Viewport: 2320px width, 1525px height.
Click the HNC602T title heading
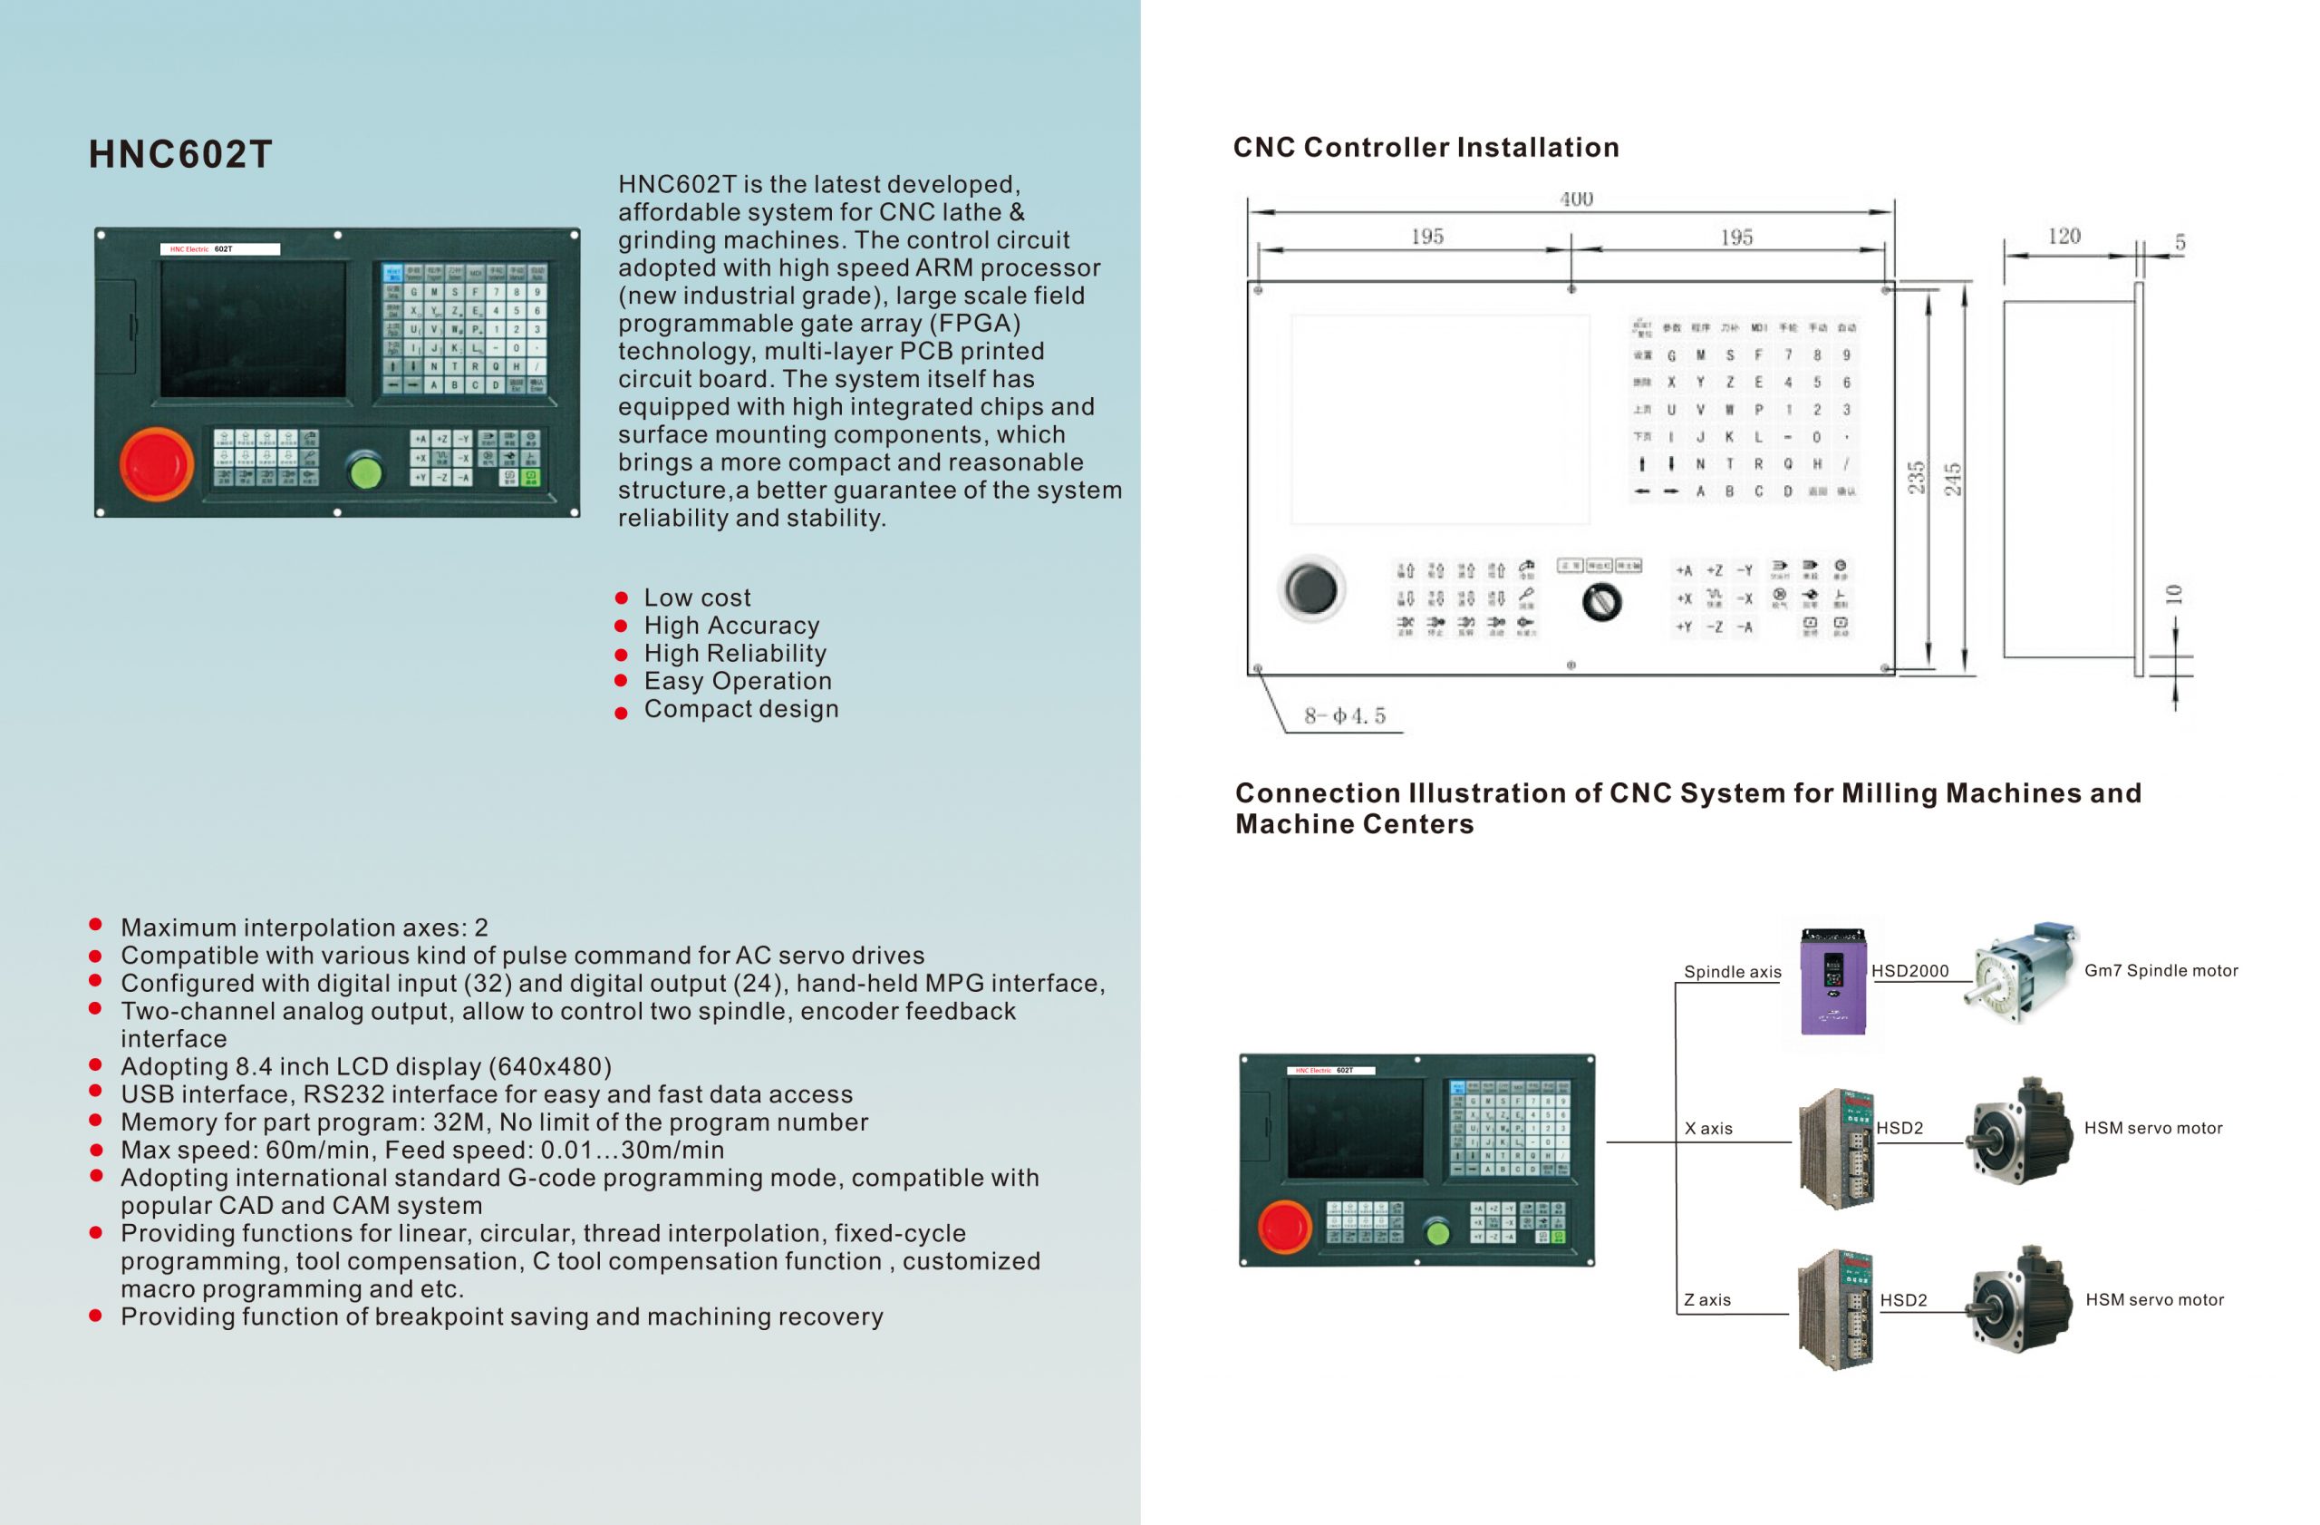click(180, 154)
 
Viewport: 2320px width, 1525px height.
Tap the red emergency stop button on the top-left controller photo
click(156, 464)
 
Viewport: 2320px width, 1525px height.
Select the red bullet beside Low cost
click(622, 597)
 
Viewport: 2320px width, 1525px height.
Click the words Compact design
click(740, 709)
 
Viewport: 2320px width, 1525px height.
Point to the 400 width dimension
click(1576, 199)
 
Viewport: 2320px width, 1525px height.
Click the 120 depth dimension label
click(2064, 236)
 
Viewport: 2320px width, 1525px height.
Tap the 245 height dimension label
click(1952, 479)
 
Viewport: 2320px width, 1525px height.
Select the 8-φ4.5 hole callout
click(1344, 716)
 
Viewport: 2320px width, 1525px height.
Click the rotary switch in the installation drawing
click(1601, 602)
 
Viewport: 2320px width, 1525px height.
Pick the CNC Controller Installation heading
click(1426, 147)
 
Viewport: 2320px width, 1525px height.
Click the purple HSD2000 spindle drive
click(1832, 981)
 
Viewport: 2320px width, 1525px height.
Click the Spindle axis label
click(1732, 972)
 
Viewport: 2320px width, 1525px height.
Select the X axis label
click(1708, 1128)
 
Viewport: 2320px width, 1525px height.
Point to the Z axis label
click(1706, 1300)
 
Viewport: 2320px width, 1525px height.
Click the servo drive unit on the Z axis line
click(1835, 1309)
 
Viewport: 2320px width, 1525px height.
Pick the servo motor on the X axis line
click(2021, 1132)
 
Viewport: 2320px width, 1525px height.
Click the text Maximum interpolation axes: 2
click(304, 928)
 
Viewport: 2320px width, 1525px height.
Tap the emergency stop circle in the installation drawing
click(1311, 588)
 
